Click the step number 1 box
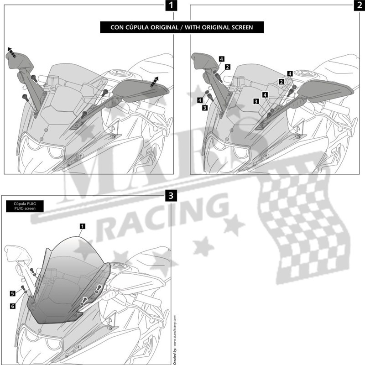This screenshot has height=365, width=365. pyautogui.click(x=170, y=6)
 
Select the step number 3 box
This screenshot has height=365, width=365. pyautogui.click(x=170, y=196)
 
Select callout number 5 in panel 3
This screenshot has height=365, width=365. pyautogui.click(x=13, y=292)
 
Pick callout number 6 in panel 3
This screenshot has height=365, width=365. pyautogui.click(x=13, y=306)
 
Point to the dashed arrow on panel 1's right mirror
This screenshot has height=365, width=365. pyautogui.click(x=155, y=80)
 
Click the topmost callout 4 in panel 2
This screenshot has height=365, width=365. pyautogui.click(x=221, y=59)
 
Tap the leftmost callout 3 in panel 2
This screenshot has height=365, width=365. pyautogui.click(x=204, y=108)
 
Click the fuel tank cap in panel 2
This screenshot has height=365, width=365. pyautogui.click(x=302, y=73)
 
